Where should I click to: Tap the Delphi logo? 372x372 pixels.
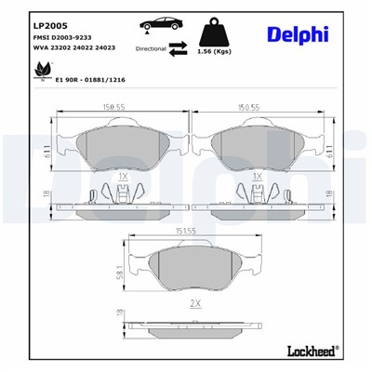tap(296, 34)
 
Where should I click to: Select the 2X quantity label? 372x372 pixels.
tap(194, 304)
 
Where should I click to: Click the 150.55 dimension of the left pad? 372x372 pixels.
tap(114, 107)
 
